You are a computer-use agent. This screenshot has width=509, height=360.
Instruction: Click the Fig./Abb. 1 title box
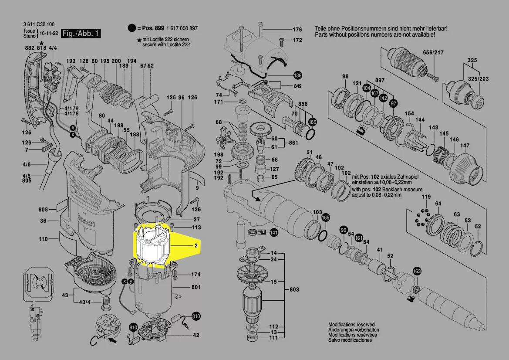click(x=81, y=34)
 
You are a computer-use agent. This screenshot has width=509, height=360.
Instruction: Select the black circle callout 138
click(x=297, y=75)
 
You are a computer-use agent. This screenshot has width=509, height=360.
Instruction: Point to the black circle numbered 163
click(x=417, y=272)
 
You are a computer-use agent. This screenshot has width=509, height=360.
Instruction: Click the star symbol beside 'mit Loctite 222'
click(x=139, y=40)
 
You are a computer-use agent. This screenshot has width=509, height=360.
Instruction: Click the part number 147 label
click(x=465, y=145)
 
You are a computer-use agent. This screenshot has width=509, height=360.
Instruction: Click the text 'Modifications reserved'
click(x=351, y=325)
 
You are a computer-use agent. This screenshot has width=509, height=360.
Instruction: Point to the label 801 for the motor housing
click(x=196, y=288)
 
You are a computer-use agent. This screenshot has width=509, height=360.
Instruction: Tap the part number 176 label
click(x=297, y=30)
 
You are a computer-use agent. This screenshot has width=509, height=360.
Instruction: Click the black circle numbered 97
click(x=394, y=103)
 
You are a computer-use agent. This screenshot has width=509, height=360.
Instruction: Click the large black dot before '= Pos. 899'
click(x=131, y=28)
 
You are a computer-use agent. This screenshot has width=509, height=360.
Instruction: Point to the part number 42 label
click(x=196, y=335)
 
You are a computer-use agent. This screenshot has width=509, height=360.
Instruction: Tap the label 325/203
click(x=478, y=79)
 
